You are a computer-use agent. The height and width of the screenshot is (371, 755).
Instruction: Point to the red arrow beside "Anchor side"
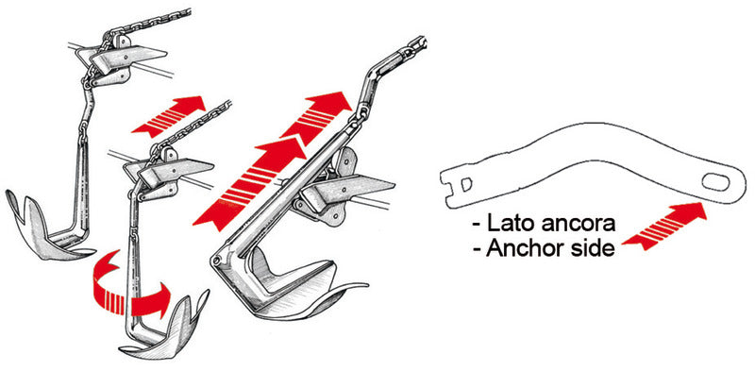pos(665,226)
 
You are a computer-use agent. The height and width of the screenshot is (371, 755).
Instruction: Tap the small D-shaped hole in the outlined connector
pos(466,183)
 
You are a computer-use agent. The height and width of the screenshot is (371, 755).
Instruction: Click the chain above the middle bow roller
pos(193,123)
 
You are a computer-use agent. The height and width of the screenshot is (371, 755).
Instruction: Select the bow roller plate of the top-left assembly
pos(127,57)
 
